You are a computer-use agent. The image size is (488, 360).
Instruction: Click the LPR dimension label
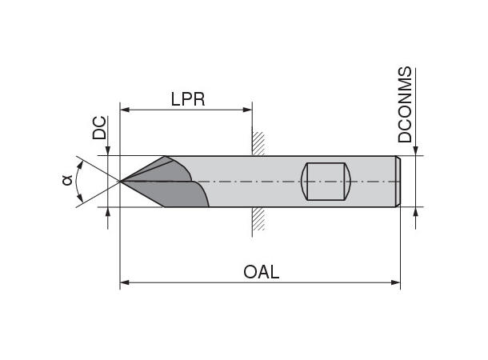tap(188, 98)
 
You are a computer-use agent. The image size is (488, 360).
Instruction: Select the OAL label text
tap(261, 272)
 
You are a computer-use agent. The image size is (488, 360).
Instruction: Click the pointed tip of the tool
tap(121, 182)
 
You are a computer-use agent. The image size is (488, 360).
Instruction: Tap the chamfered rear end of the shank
tap(398, 182)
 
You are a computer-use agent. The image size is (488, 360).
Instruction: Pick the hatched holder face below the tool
tap(258, 220)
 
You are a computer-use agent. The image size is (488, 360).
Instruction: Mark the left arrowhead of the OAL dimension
tap(126, 282)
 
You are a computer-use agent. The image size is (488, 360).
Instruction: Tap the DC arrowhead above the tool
tap(109, 150)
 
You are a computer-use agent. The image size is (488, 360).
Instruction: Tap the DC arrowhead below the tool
tap(109, 212)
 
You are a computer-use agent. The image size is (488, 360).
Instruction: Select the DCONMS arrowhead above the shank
tap(415, 150)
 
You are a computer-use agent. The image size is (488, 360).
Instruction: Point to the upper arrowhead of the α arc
tap(82, 163)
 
